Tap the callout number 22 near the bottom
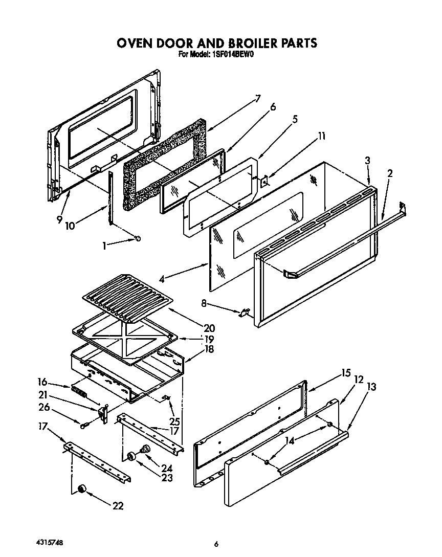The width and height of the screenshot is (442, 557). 118,506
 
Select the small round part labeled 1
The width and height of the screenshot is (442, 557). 138,239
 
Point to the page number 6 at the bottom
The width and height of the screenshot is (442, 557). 216,544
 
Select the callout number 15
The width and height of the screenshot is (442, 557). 346,373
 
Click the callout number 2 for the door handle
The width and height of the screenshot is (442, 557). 390,173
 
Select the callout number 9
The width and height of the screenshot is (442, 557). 61,220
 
